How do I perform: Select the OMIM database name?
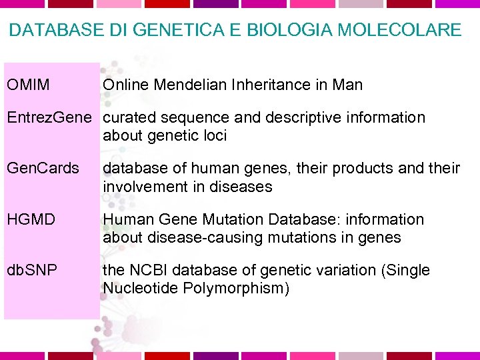pyautogui.click(x=28, y=85)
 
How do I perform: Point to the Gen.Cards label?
pyautogui.click(x=43, y=168)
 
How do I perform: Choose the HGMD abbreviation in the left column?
pyautogui.click(x=31, y=219)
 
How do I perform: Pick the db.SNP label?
pyautogui.click(x=32, y=270)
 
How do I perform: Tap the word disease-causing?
pyautogui.click(x=207, y=238)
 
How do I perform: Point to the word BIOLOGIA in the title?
pyautogui.click(x=279, y=30)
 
